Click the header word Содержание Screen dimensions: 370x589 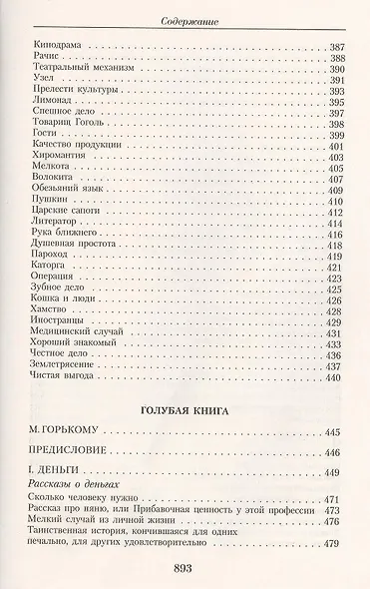tap(185, 19)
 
